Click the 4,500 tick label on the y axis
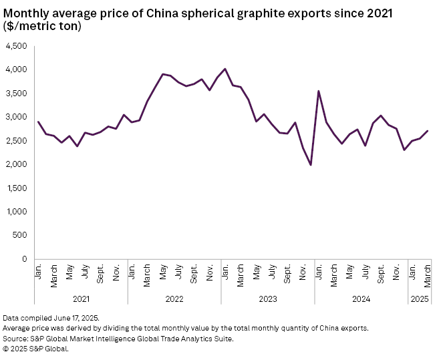(x=15, y=46)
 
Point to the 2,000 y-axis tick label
(x=15, y=164)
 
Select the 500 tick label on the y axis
(x=20, y=236)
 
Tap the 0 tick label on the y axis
(x=24, y=259)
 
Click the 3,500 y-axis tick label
(x=15, y=94)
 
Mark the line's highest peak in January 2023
(x=225, y=69)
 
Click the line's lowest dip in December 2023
(x=311, y=165)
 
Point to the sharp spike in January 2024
(x=319, y=91)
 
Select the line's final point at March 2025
(x=428, y=131)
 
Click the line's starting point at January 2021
(x=38, y=122)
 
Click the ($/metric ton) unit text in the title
(x=42, y=25)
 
